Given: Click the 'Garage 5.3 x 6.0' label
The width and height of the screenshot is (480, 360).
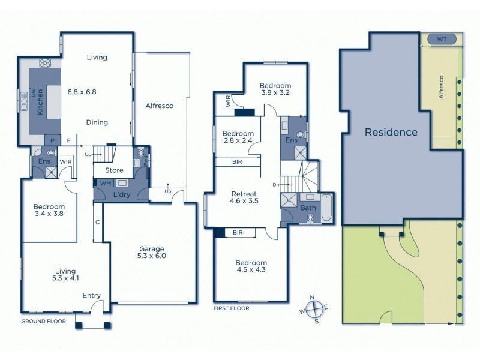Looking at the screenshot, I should click(150, 252).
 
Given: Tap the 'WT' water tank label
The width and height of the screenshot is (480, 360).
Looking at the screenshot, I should click(442, 40).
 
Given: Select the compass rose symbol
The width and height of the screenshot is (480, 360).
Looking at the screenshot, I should click(314, 310).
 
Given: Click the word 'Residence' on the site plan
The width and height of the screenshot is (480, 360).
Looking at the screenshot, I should click(391, 132).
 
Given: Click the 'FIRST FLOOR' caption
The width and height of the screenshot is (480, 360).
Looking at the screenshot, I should click(231, 308).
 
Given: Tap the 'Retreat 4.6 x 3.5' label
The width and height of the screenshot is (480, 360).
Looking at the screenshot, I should click(244, 198).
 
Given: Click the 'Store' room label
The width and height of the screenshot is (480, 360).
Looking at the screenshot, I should click(114, 170).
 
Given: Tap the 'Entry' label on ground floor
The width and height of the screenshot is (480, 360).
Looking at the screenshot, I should click(92, 295).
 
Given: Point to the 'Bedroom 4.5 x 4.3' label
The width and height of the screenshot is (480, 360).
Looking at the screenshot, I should click(251, 266).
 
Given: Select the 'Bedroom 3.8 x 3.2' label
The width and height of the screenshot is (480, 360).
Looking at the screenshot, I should click(275, 89).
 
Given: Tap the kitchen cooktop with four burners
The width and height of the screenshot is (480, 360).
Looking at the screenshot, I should click(45, 62).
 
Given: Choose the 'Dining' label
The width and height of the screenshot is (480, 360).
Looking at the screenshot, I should click(97, 122).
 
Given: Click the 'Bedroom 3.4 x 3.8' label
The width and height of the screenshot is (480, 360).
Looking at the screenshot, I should click(49, 212).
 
